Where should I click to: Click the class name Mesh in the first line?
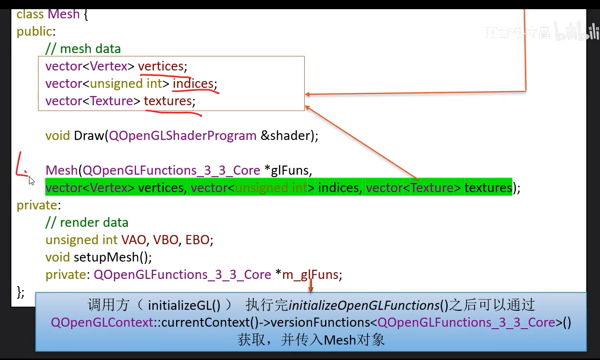pos(63,14)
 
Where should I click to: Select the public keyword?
pos(34,31)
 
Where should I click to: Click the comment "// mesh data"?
pos(83,49)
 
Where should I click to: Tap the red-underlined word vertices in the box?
pos(161,66)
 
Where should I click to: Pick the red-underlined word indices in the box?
pos(193,83)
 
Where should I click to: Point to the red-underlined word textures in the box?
pos(168,101)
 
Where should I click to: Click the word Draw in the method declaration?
pos(88,136)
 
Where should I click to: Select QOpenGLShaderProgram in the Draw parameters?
pos(183,136)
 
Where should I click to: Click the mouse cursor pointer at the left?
pos(31,180)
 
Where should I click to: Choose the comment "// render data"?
pos(87,222)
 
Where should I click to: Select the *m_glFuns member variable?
pos(307,275)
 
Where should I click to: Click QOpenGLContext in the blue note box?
pos(102,322)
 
